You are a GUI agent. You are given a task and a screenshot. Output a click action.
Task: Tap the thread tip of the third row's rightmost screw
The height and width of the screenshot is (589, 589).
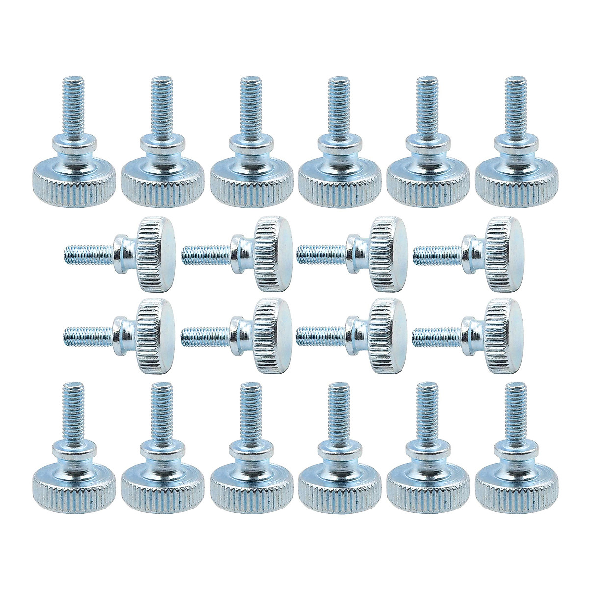click(415, 336)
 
